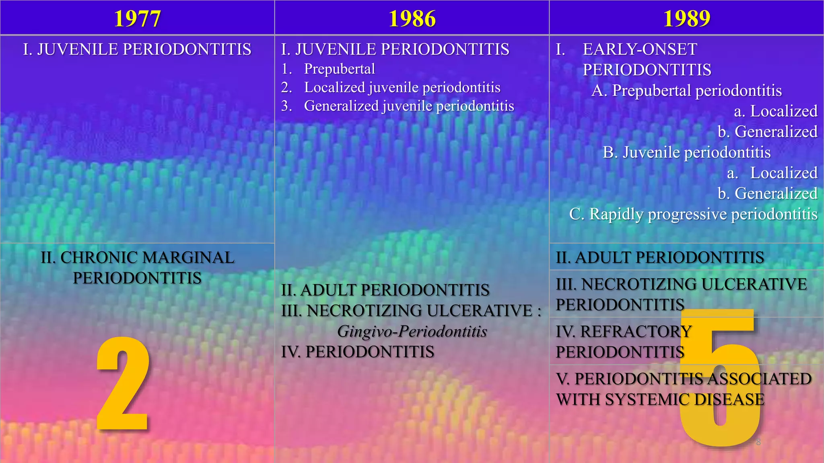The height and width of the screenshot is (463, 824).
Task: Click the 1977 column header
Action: tap(137, 18)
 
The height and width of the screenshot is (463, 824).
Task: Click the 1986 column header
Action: tap(412, 18)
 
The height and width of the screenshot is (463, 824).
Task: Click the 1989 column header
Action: tap(686, 18)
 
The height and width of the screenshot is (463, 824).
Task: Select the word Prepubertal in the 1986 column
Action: tap(339, 69)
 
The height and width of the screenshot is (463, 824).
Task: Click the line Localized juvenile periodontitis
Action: tap(402, 87)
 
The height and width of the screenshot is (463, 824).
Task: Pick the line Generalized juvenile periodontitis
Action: tap(409, 106)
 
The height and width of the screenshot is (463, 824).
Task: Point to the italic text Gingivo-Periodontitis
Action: tap(412, 331)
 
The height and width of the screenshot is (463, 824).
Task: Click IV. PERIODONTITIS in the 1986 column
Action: tap(358, 352)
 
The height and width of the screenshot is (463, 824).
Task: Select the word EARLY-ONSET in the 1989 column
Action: tap(640, 49)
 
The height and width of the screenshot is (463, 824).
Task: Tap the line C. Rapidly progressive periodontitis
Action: tap(693, 214)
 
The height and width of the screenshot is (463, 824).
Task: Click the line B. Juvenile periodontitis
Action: tap(686, 152)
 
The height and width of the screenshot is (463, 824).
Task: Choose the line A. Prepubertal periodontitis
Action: tap(686, 90)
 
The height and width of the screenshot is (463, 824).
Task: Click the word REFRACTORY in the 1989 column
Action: tap(636, 332)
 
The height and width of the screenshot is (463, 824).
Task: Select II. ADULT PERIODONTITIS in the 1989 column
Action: tap(660, 258)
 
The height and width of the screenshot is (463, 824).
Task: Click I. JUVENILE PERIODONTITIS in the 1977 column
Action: tap(137, 49)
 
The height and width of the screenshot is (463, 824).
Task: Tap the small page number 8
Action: tap(758, 442)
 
